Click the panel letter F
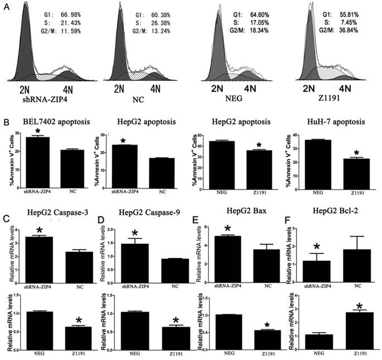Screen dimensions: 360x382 292,215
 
